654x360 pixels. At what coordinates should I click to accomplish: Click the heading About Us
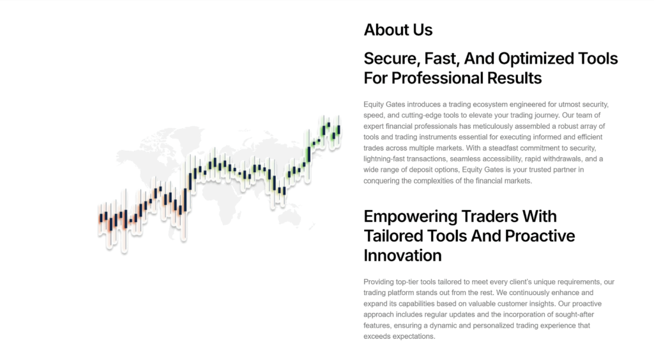click(x=398, y=30)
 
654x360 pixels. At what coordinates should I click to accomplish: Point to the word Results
click(x=512, y=79)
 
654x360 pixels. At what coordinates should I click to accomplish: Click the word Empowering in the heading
click(x=409, y=216)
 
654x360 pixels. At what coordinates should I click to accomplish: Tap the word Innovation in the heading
click(x=402, y=255)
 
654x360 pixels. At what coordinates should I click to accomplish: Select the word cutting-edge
click(x=416, y=116)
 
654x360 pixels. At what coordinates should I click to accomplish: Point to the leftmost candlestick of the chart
click(x=100, y=216)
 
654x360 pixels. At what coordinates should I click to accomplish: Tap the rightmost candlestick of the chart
click(x=338, y=129)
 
